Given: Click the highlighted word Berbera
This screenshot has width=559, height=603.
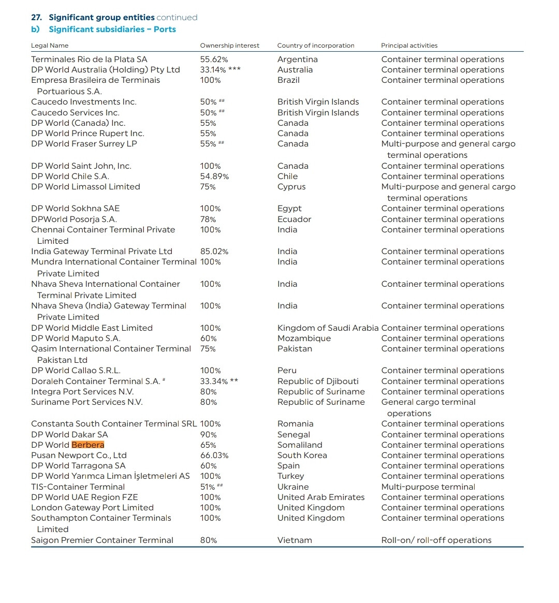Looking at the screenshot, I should click(88, 445).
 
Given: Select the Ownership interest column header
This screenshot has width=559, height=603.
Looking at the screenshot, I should click(230, 46).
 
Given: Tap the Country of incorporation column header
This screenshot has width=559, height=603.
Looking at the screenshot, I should click(316, 46).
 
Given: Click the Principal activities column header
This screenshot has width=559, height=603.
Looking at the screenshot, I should click(409, 46).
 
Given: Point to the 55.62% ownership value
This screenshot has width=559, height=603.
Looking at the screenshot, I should click(214, 60).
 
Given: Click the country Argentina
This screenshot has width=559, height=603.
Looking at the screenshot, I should click(297, 60).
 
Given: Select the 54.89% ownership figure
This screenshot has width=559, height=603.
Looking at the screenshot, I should click(214, 177).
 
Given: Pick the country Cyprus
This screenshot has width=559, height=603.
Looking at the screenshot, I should click(291, 187).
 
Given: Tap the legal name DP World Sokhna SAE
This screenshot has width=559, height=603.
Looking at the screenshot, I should click(75, 209).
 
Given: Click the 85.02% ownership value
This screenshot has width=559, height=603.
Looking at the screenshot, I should click(214, 252).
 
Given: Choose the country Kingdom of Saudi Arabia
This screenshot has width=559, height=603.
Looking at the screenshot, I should click(328, 328).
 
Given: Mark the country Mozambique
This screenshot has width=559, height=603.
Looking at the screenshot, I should click(304, 339).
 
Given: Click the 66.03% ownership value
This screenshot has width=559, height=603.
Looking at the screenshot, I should click(214, 455).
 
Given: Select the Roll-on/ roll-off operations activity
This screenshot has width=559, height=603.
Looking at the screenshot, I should click(436, 540).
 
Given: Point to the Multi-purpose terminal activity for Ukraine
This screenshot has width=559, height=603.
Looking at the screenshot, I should click(428, 487).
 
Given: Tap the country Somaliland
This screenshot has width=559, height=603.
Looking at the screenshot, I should click(300, 445).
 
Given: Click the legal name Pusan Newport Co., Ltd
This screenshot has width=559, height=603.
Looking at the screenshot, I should click(79, 455).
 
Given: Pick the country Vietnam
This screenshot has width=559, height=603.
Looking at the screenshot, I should click(295, 540).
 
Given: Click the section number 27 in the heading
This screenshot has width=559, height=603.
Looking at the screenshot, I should click(36, 18).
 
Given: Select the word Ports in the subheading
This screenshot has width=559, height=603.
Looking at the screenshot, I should click(165, 30).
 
